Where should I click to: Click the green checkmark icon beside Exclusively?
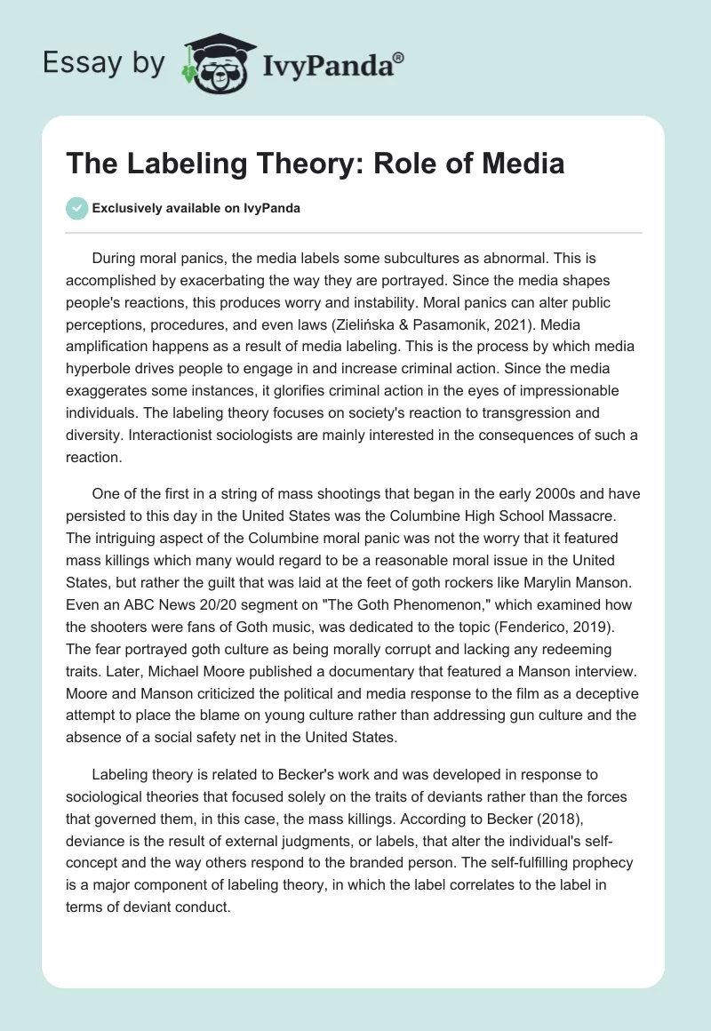pos(76,209)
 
